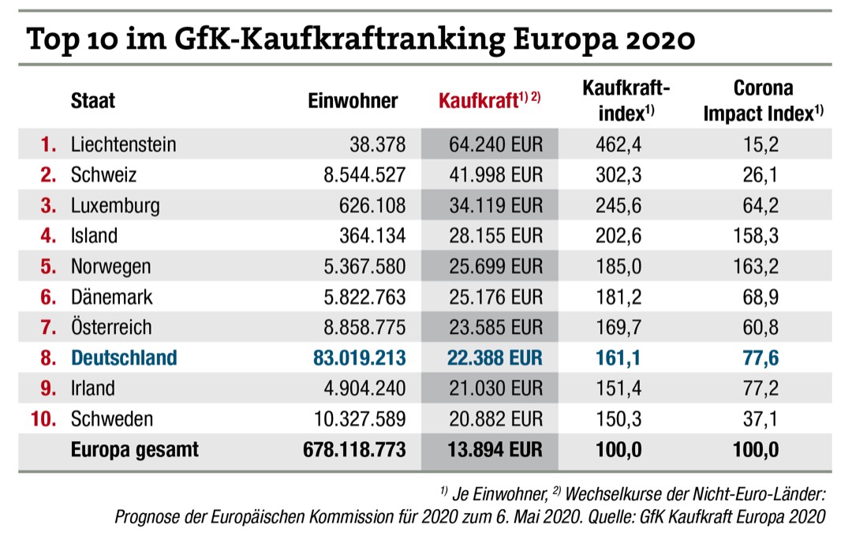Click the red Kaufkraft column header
click(488, 101)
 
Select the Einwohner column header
click(353, 101)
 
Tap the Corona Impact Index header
click(763, 100)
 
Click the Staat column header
click(93, 101)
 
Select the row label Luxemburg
click(115, 206)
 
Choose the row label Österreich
click(111, 327)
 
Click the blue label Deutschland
click(124, 358)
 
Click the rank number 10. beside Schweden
click(44, 418)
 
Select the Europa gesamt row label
click(134, 449)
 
